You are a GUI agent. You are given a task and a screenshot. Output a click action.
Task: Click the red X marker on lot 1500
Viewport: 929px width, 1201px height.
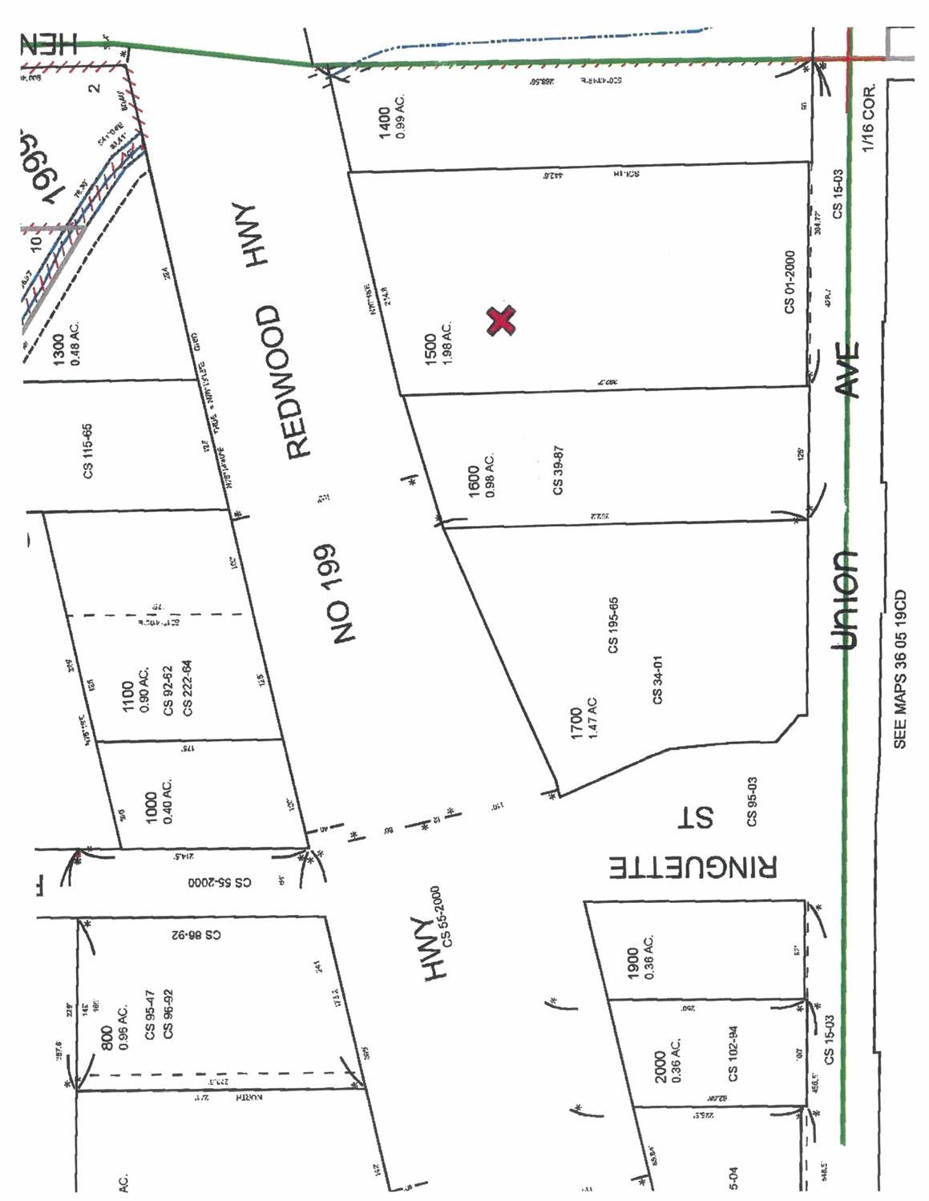pyautogui.click(x=501, y=321)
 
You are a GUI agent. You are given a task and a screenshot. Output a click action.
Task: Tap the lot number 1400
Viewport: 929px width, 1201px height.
pyautogui.click(x=386, y=122)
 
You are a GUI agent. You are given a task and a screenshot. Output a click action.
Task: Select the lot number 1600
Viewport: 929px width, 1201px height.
pyautogui.click(x=474, y=481)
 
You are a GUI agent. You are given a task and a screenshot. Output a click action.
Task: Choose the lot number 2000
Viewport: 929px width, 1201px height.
pyautogui.click(x=660, y=1067)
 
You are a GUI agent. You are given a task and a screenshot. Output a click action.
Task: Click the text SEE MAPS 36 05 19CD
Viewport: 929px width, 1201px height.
pyautogui.click(x=900, y=669)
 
